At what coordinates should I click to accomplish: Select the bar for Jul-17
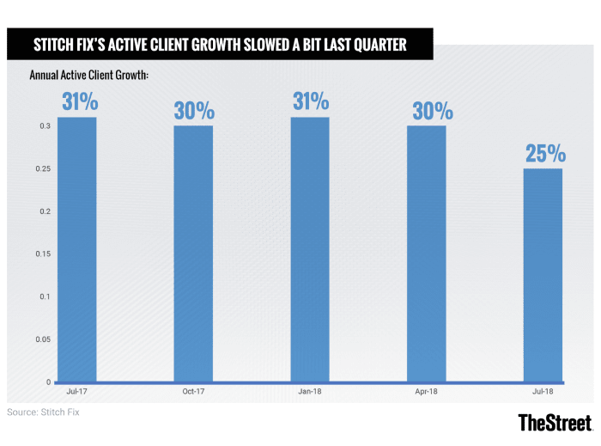[x=76, y=249]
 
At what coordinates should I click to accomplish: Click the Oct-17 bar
[x=193, y=254]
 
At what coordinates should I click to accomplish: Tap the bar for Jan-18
[x=309, y=249]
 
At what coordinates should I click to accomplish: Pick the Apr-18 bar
[x=426, y=254]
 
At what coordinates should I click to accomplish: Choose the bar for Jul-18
[x=543, y=275]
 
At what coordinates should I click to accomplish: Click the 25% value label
[x=544, y=154]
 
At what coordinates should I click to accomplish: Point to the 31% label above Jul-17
[x=79, y=102]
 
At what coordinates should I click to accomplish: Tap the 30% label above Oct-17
[x=195, y=111]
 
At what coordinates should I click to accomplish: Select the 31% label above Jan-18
[x=311, y=102]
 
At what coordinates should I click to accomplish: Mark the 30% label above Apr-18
[x=428, y=111]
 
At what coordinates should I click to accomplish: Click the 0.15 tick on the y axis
[x=42, y=254]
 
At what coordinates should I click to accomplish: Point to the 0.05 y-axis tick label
[x=42, y=339]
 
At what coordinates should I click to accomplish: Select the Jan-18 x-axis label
[x=310, y=392]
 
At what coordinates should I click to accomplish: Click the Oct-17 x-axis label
[x=193, y=392]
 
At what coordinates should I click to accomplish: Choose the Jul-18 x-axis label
[x=543, y=392]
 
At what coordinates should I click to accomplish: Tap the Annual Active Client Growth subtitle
[x=89, y=76]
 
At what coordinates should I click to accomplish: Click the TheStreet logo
[x=555, y=422]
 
